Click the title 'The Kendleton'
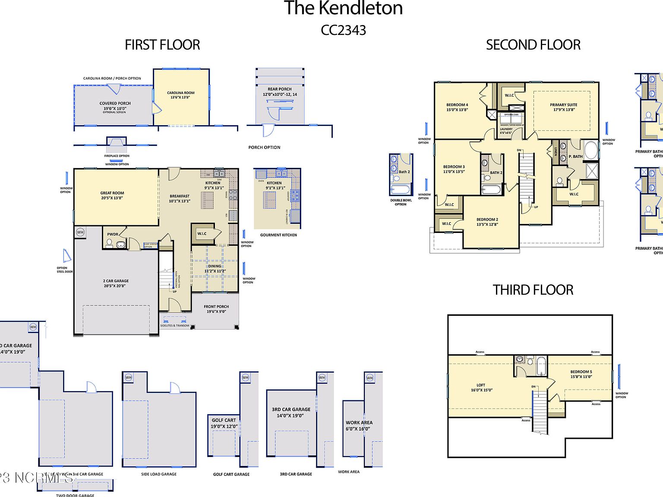[x=343, y=9]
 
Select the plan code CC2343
[x=343, y=30]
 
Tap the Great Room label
[x=112, y=195]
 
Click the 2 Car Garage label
[x=116, y=283]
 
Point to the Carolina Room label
[x=181, y=95]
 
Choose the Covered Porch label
[x=115, y=105]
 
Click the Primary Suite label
[x=563, y=107]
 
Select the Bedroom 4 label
[x=457, y=107]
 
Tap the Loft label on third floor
[x=481, y=387]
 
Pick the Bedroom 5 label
[x=581, y=374]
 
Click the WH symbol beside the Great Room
[x=80, y=232]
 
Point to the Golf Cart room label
[x=224, y=423]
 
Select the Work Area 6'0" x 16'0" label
[x=359, y=425]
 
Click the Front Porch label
[x=216, y=309]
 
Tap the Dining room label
[x=215, y=268]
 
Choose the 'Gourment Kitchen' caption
[x=278, y=235]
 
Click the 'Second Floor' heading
[x=533, y=45]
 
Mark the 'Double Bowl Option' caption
[x=401, y=202]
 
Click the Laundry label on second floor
[x=506, y=131]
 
